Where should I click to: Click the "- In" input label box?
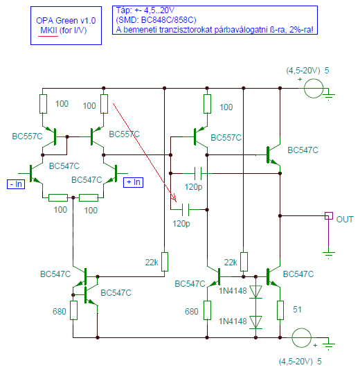tap(16, 184)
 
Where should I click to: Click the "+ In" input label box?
tap(134, 182)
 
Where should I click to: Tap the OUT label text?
tap(345, 220)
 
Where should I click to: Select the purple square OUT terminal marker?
tap(329, 216)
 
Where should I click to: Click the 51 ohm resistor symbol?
tap(280, 310)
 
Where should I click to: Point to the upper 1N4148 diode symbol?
tap(255, 292)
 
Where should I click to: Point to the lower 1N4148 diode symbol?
tap(255, 322)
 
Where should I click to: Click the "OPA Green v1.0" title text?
tap(66, 21)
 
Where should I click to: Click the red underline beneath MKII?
tap(48, 36)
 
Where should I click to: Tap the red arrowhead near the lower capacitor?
tap(174, 198)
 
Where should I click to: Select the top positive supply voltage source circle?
tap(314, 88)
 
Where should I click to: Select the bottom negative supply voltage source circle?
tap(301, 337)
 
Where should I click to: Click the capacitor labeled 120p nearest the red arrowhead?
tap(186, 210)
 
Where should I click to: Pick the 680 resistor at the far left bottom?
tap(73, 310)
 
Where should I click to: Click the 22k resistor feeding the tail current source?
tap(165, 262)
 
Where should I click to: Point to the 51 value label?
tap(297, 310)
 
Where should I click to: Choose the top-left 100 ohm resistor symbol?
tap(43, 104)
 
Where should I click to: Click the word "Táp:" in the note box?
tap(123, 10)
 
